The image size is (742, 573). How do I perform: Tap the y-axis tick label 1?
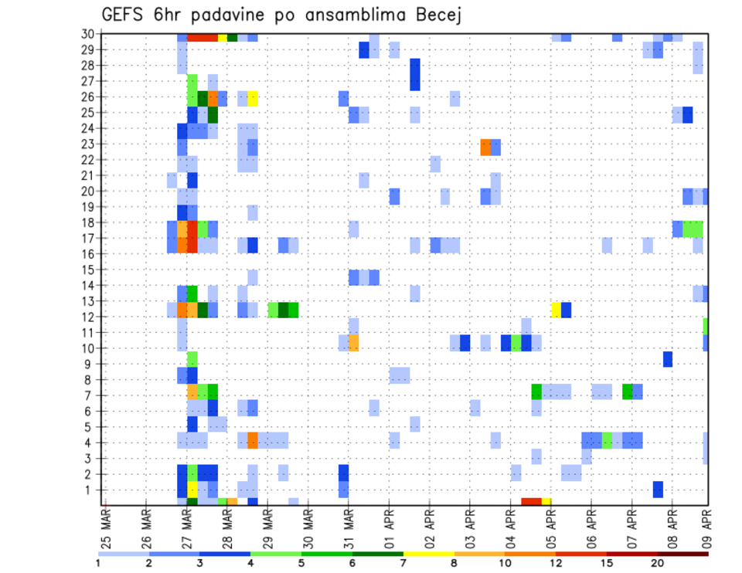tap(91, 490)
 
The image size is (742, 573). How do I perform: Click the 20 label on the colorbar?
tap(658, 563)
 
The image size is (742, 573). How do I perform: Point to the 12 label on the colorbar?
tap(556, 563)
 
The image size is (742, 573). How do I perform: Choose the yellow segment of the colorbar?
tap(428, 554)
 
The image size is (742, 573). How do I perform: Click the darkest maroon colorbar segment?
tap(683, 554)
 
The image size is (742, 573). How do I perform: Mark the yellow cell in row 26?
tap(253, 97)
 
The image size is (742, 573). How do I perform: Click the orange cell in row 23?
tap(485, 147)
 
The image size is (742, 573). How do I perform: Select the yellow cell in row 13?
tap(556, 310)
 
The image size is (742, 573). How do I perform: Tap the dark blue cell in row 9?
tap(667, 359)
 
